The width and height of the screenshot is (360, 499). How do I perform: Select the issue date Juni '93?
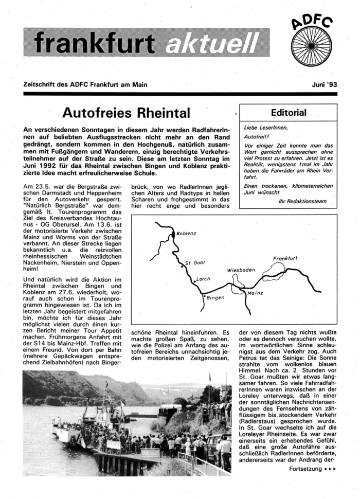(323, 84)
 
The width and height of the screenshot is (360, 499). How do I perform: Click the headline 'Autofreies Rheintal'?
(126, 112)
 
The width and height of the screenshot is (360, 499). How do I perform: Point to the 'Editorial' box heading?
(288, 113)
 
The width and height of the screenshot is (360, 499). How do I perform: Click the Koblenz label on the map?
(186, 233)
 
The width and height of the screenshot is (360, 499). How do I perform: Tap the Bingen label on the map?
(215, 298)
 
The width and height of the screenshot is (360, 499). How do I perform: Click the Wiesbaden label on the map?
(241, 270)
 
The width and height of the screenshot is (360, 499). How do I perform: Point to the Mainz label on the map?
(255, 293)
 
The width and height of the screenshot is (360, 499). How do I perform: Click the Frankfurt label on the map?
(286, 258)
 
